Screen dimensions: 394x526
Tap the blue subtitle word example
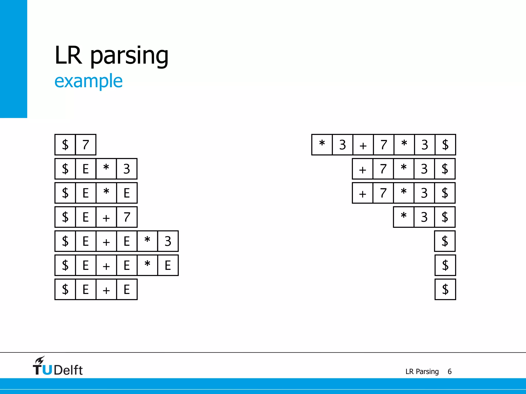click(88, 81)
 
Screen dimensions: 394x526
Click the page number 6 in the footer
click(449, 371)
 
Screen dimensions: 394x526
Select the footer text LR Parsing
click(422, 371)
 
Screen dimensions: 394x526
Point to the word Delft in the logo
click(68, 370)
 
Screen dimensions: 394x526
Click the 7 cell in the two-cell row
click(86, 145)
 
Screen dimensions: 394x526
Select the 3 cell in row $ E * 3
click(127, 169)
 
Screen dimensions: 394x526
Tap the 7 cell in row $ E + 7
click(127, 217)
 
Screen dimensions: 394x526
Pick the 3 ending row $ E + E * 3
click(168, 241)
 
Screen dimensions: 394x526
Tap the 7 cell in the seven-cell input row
click(383, 145)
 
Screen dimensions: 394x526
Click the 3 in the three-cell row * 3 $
click(424, 217)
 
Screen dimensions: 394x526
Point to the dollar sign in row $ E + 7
click(65, 217)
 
